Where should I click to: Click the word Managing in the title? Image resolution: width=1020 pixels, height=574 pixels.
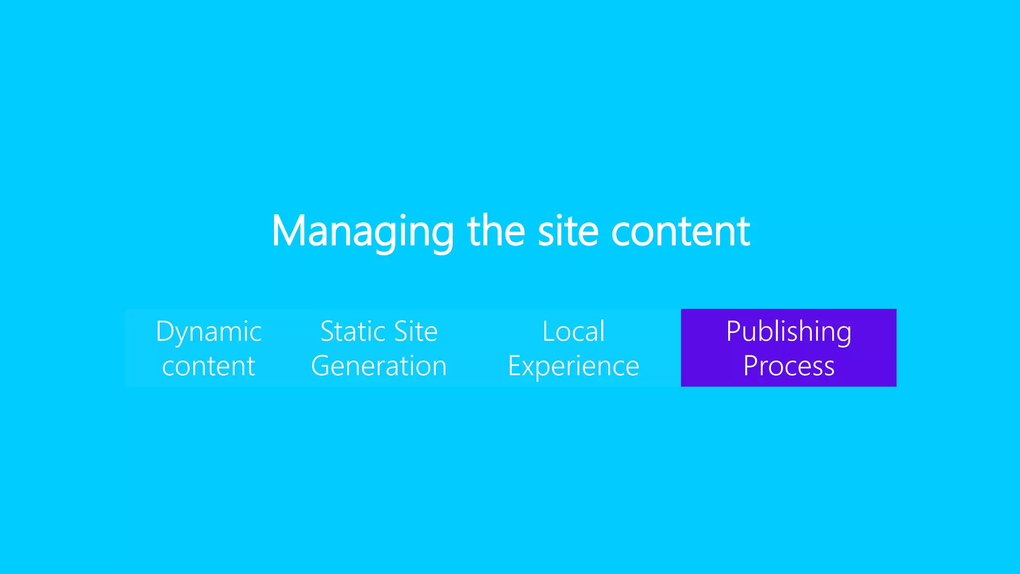point(362,231)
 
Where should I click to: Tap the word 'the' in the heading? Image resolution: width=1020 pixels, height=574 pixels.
point(496,231)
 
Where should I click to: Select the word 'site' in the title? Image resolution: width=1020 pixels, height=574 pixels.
point(568,231)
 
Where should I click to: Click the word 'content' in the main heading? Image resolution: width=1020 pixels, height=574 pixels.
point(680,231)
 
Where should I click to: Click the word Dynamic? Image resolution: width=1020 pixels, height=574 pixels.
point(209,332)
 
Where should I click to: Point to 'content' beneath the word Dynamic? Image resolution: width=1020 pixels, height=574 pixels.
point(209,366)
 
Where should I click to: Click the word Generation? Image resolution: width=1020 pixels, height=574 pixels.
point(379,366)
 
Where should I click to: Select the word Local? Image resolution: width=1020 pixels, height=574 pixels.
point(573,331)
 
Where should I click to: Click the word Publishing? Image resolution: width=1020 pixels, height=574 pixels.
point(788,332)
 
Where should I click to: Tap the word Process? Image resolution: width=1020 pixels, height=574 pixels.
point(788,366)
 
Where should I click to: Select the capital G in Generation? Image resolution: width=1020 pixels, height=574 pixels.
point(322,366)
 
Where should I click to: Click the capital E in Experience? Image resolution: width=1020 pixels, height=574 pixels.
point(514,366)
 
